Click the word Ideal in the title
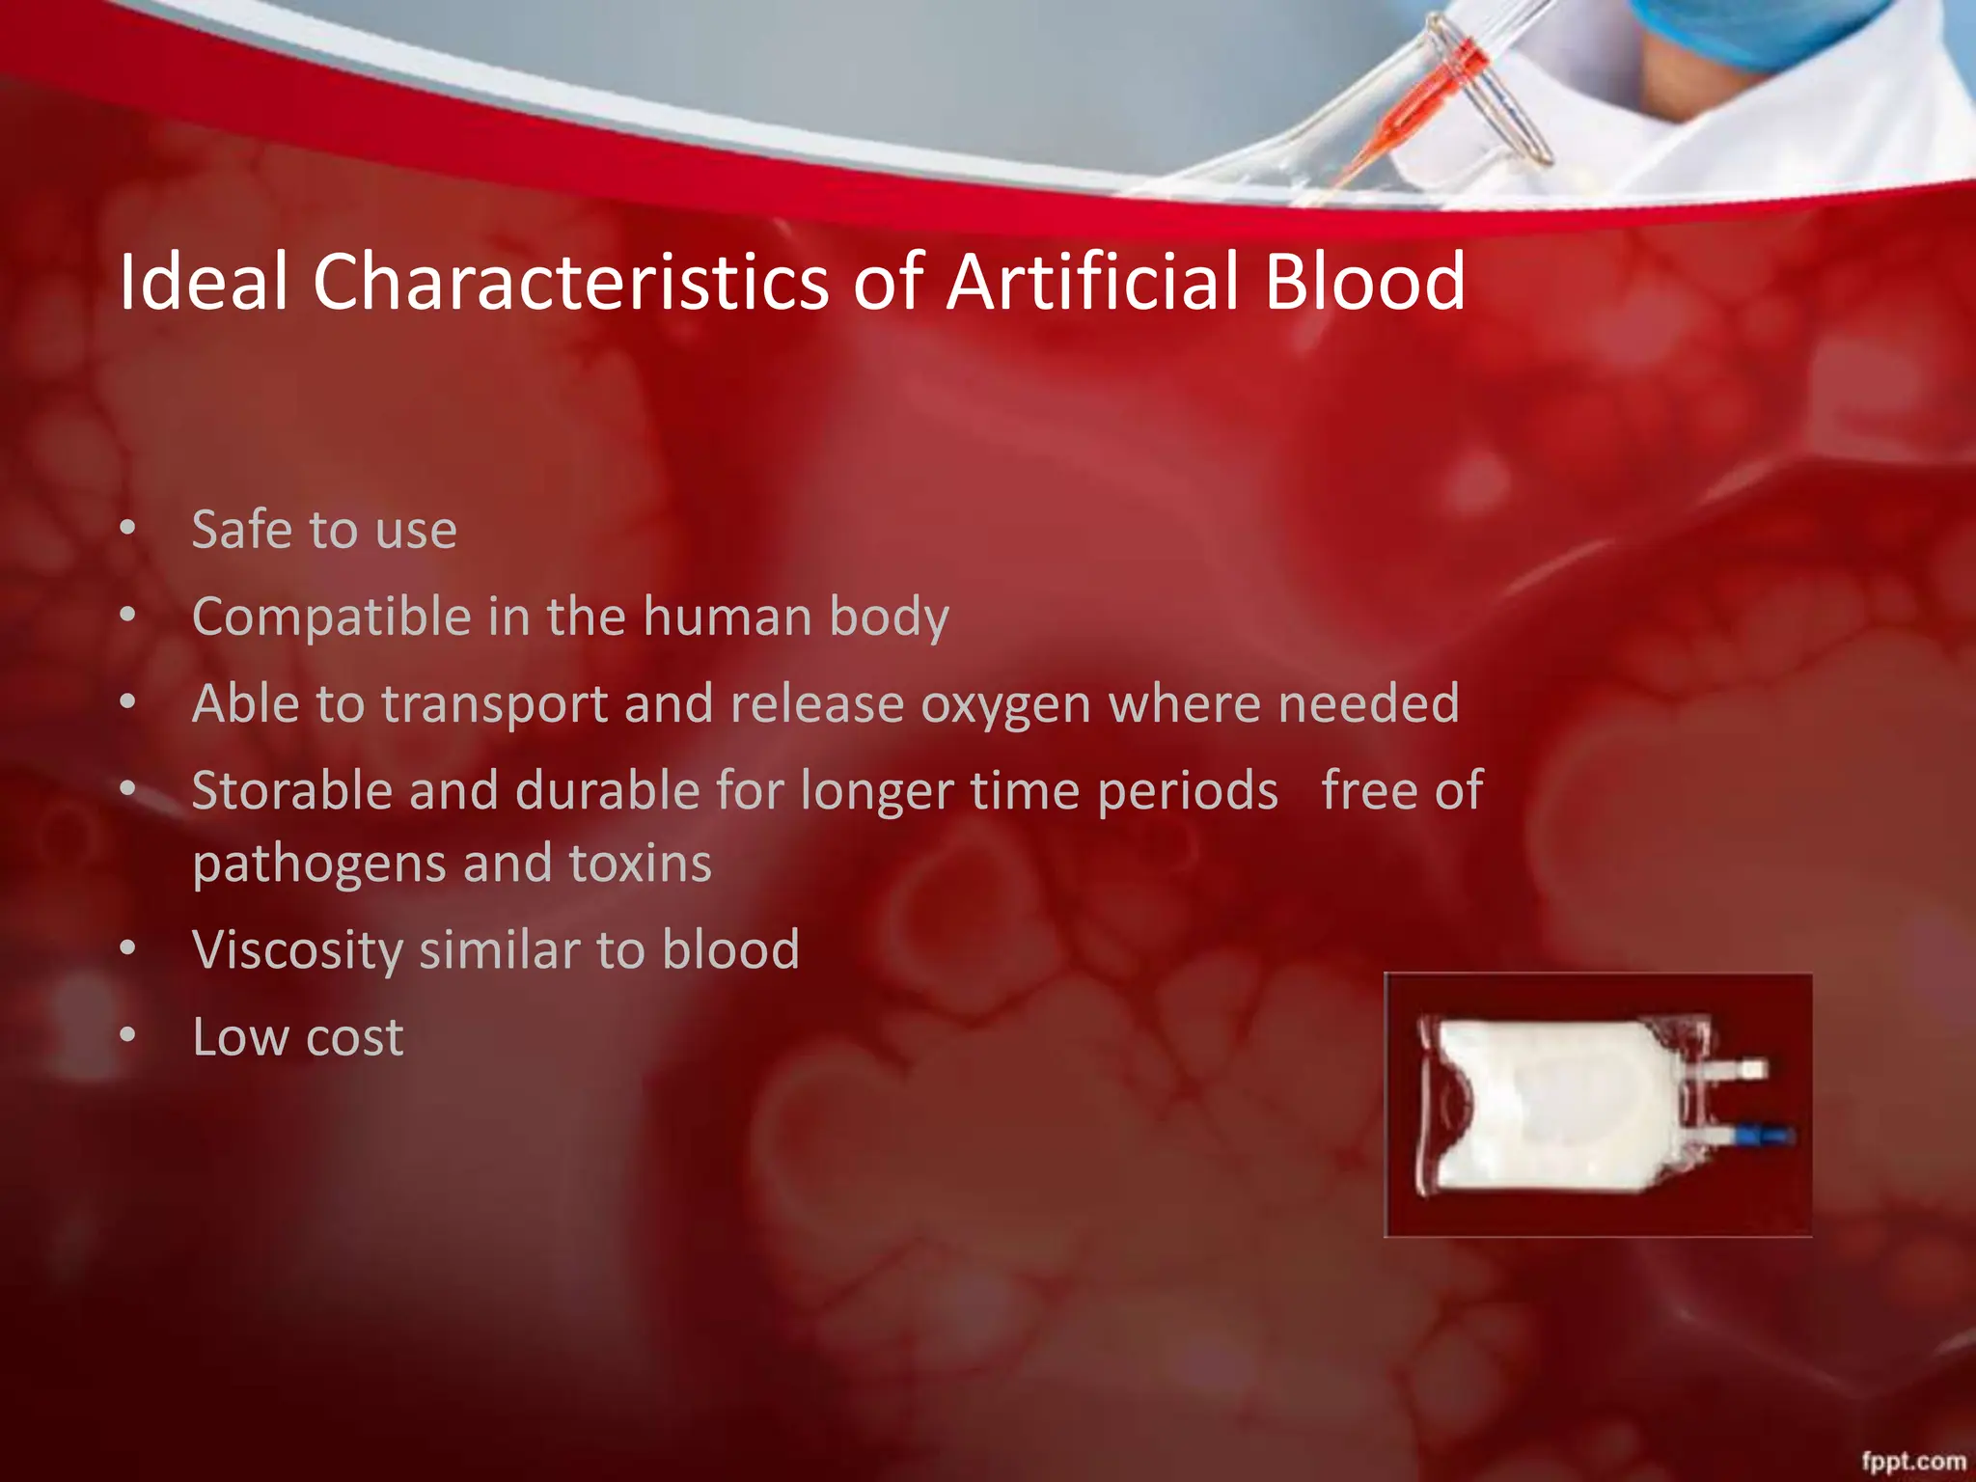pos(204,281)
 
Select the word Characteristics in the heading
pos(570,281)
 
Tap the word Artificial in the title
pos(1091,281)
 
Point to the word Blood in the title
pos(1364,281)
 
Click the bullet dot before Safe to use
pos(128,529)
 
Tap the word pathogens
pos(318,864)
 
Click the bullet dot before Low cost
pos(128,1036)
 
